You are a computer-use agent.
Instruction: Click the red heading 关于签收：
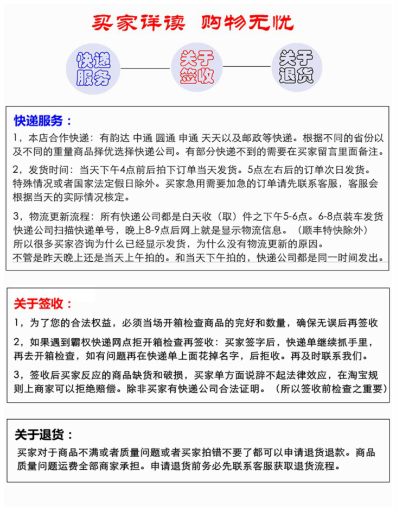43,304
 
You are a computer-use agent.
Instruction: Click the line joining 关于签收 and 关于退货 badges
247,67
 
